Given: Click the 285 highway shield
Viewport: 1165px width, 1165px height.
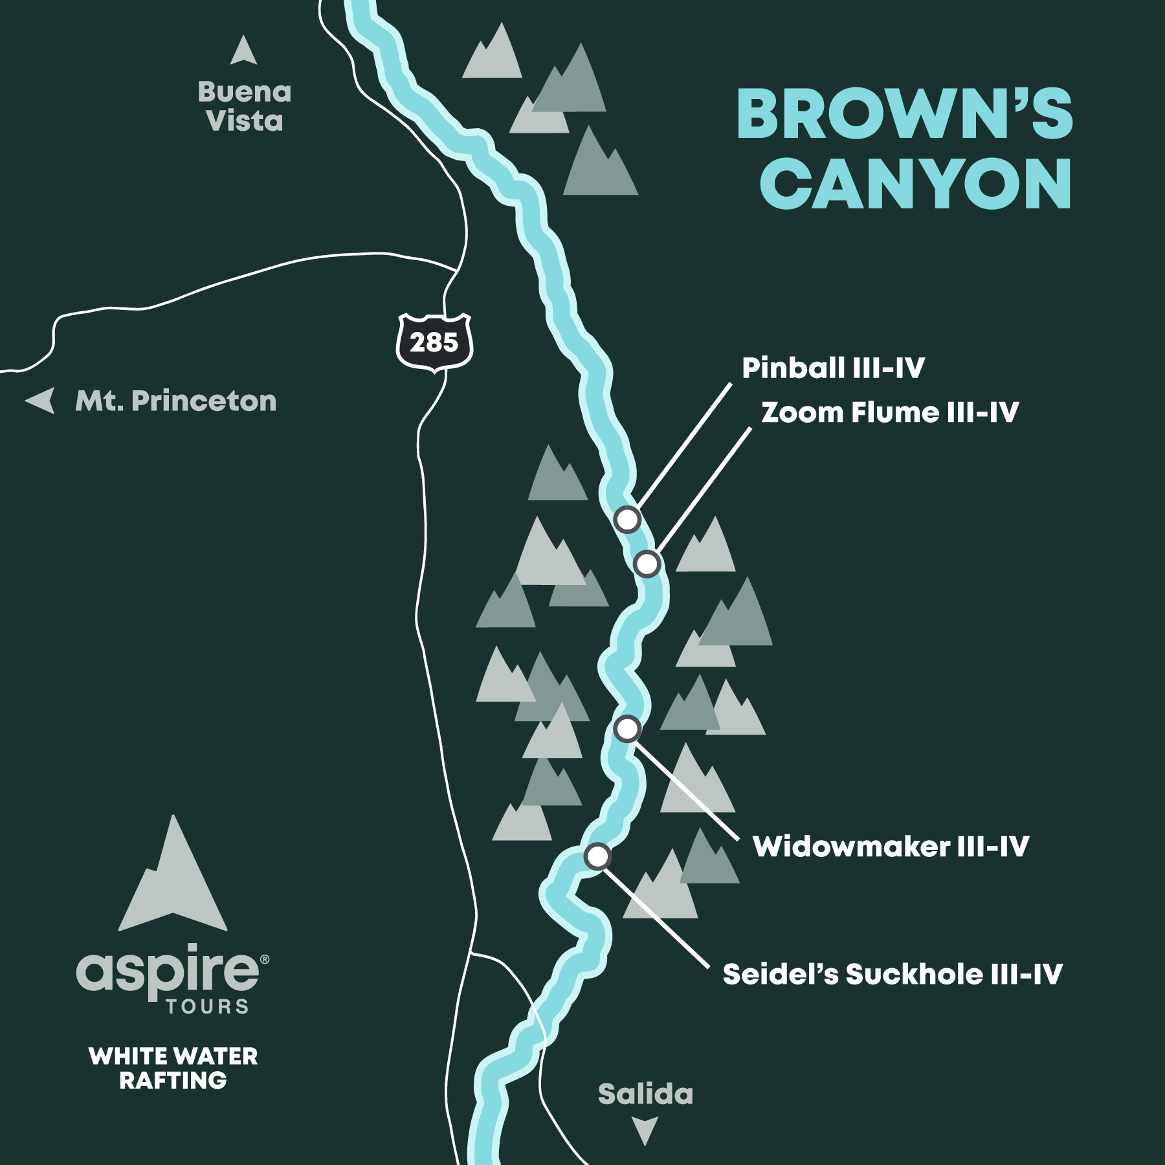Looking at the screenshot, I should click(x=434, y=342).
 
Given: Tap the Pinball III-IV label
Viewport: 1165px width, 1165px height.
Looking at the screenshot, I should click(x=832, y=368).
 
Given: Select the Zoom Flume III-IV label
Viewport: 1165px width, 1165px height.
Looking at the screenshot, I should click(x=889, y=413).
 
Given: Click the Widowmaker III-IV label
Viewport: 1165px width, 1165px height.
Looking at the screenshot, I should click(x=891, y=847).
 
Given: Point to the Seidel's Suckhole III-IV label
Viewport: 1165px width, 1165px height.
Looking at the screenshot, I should click(x=892, y=975).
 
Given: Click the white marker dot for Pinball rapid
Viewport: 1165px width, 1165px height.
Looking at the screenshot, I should click(x=627, y=519).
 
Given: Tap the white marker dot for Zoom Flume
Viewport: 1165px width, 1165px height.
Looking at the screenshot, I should click(x=647, y=564).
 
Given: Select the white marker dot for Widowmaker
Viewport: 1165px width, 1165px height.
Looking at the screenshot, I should click(x=627, y=729).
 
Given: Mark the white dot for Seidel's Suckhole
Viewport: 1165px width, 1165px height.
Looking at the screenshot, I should click(x=597, y=856).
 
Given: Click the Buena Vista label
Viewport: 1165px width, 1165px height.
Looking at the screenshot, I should click(x=245, y=107).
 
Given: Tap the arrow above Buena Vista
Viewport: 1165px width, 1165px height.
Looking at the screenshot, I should click(x=243, y=50).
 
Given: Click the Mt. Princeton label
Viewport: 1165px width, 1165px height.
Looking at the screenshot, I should click(x=176, y=401).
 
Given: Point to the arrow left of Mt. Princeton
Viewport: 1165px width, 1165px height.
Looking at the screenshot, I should click(x=41, y=400).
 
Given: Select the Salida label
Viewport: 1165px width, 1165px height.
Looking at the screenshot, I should click(x=645, y=1094).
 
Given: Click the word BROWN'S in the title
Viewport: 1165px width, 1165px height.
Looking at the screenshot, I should click(x=904, y=115).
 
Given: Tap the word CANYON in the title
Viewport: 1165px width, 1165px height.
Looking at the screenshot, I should click(x=915, y=184).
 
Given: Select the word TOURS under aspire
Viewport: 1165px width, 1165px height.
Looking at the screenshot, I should click(x=207, y=1007).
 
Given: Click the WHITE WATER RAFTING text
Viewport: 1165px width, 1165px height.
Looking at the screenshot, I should click(x=173, y=1069).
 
